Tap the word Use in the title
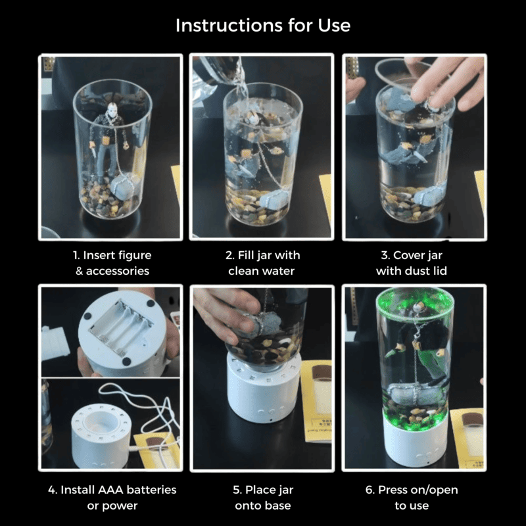(x=334, y=25)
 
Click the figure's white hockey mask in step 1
(x=110, y=109)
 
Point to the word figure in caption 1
(x=134, y=256)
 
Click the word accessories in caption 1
(x=118, y=271)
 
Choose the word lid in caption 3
(x=440, y=271)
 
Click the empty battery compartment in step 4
(x=122, y=327)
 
